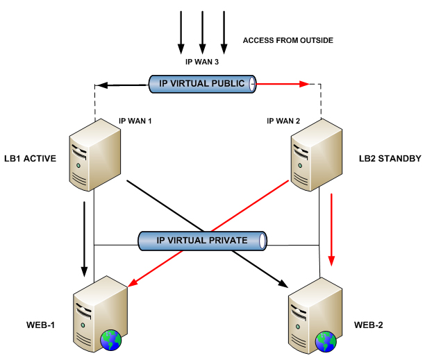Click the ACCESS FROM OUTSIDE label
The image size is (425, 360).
point(288,40)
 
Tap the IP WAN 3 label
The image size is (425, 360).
point(202,62)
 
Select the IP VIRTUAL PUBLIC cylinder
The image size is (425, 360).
point(202,84)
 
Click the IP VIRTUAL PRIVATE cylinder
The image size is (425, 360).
point(203,241)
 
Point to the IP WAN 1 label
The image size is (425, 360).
point(135,121)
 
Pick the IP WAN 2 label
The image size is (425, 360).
point(283,121)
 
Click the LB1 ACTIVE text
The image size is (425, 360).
point(30,158)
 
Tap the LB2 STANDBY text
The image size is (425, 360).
point(390,158)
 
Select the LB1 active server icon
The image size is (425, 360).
point(95,155)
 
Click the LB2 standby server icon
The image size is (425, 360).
point(317,155)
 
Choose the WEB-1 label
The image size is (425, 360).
point(41,325)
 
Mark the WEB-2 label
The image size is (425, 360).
point(369,325)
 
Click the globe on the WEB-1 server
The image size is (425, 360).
point(111,340)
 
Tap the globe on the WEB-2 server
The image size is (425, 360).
point(326,341)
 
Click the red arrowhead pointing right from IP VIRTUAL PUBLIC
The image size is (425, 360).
point(304,84)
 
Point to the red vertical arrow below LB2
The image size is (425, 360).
point(331,230)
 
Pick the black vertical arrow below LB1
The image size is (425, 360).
point(84,239)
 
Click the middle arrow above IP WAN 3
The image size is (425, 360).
point(203,33)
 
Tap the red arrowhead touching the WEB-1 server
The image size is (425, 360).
point(132,282)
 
